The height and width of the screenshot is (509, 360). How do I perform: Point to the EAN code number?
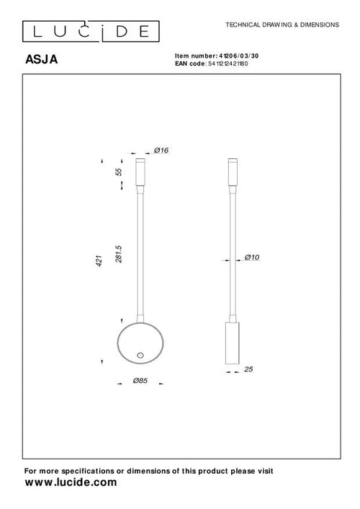(x=243, y=63)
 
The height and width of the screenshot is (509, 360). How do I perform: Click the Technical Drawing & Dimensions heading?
(x=282, y=24)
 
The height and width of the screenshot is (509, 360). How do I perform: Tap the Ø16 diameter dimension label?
(x=161, y=150)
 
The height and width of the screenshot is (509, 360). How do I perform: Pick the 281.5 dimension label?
(x=120, y=253)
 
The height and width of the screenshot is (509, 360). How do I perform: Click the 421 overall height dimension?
(x=101, y=263)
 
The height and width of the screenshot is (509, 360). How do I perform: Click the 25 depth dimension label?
(x=249, y=369)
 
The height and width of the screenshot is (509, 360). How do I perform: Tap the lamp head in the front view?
(x=140, y=171)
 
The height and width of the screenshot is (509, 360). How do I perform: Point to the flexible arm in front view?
(x=140, y=252)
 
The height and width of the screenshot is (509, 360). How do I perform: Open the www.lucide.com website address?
(x=70, y=483)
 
